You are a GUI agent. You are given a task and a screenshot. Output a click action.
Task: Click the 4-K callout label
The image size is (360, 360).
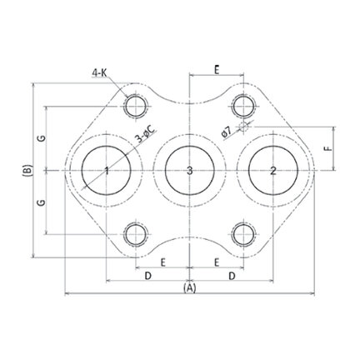click(x=99, y=73)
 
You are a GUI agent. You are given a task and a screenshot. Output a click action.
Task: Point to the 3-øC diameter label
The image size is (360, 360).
click(x=146, y=134)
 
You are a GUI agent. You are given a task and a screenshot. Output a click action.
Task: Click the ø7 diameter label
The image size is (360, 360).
click(x=227, y=132)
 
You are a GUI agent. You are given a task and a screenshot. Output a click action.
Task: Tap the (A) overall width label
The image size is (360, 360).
click(x=189, y=288)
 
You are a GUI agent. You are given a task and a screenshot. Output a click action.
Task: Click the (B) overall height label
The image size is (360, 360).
click(x=27, y=170)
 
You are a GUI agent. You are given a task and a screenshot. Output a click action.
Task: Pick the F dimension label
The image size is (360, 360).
click(x=329, y=148)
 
